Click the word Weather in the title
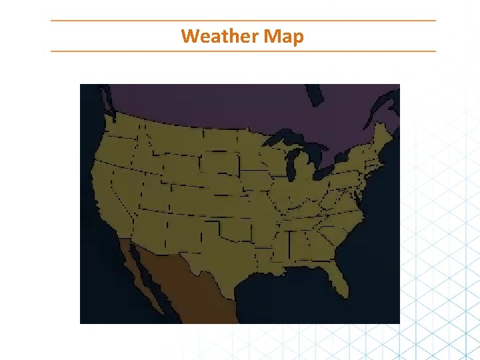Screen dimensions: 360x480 pyautogui.click(x=219, y=35)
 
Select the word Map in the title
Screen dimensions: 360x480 pyautogui.click(x=283, y=35)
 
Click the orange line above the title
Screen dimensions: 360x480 pyautogui.click(x=243, y=21)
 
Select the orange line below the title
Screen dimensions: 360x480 pyautogui.click(x=243, y=51)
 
